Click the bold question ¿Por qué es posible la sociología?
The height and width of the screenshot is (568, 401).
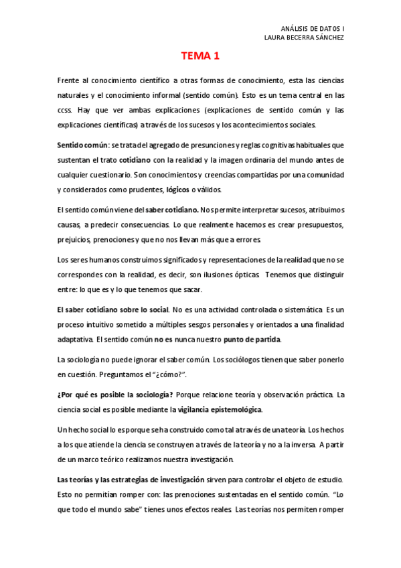116,395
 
